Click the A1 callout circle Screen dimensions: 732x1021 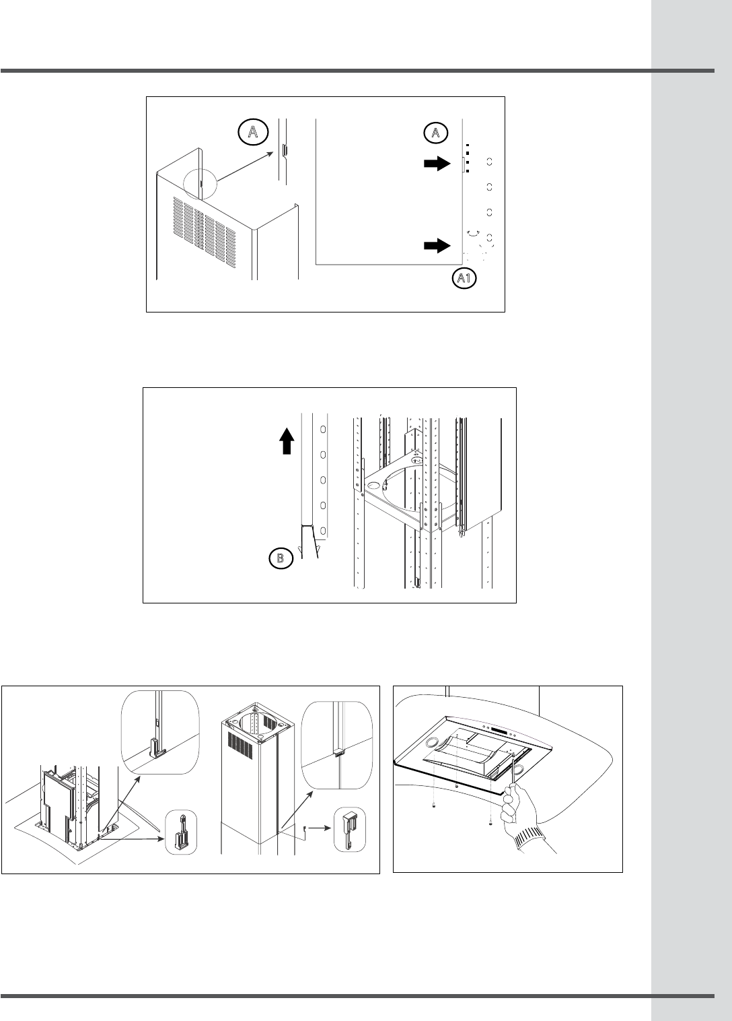click(x=464, y=278)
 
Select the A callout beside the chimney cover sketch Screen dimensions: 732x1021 click(x=253, y=132)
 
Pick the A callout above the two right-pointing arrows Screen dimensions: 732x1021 click(x=436, y=133)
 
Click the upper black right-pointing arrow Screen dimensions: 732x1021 click(x=437, y=163)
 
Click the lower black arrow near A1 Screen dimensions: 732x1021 click(x=437, y=246)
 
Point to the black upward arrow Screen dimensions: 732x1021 click(x=287, y=440)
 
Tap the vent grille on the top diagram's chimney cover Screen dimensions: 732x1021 click(x=205, y=232)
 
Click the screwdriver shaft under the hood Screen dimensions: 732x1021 click(x=512, y=770)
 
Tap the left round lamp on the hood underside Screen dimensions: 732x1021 click(x=432, y=742)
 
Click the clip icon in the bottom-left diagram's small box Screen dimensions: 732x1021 click(x=182, y=832)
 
